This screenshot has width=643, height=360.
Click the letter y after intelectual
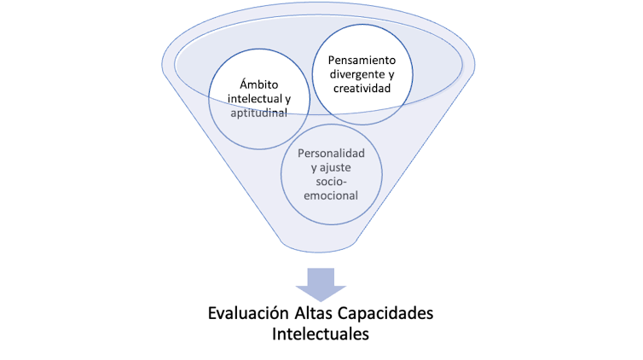[x=287, y=99]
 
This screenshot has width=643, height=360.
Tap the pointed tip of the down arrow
[x=321, y=301]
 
